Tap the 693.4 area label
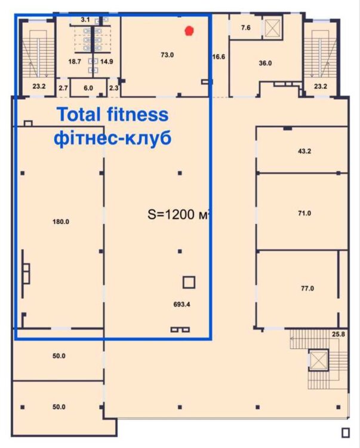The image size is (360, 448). pyautogui.click(x=181, y=304)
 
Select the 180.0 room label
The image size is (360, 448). pyautogui.click(x=61, y=222)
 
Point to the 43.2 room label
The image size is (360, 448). pyautogui.click(x=304, y=151)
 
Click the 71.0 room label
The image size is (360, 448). pyautogui.click(x=304, y=213)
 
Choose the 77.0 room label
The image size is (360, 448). pyautogui.click(x=307, y=289)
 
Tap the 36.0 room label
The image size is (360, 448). pyautogui.click(x=265, y=63)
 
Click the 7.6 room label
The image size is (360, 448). pyautogui.click(x=246, y=27)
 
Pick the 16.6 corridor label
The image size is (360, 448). pyautogui.click(x=219, y=57)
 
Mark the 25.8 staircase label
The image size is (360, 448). pyautogui.click(x=339, y=334)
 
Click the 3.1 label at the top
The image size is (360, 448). pyautogui.click(x=85, y=20)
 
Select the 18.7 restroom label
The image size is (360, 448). pyautogui.click(x=75, y=62)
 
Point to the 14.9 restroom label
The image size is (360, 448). pyautogui.click(x=106, y=62)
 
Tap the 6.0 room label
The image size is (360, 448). pyautogui.click(x=88, y=88)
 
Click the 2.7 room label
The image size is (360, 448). pyautogui.click(x=63, y=88)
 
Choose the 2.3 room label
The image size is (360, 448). pyautogui.click(x=113, y=88)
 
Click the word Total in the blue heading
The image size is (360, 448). pyautogui.click(x=79, y=114)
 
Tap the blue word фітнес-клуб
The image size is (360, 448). pyautogui.click(x=113, y=139)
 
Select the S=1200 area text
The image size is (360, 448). pyautogui.click(x=171, y=214)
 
